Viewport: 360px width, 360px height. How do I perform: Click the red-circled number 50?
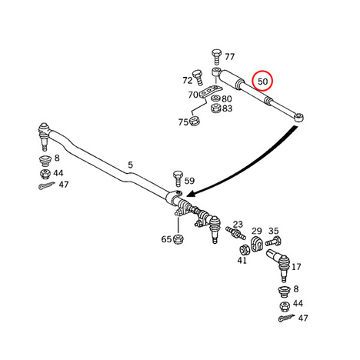tap(263, 82)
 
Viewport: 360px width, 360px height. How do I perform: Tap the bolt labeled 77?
tap(216, 57)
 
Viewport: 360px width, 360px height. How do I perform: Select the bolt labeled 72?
tap(198, 77)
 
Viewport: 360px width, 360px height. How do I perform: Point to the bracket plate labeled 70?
tap(210, 92)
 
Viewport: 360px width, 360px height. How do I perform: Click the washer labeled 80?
tap(216, 98)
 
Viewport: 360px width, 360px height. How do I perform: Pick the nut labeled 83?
tap(216, 108)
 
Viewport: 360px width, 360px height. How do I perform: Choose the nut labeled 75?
tap(195, 121)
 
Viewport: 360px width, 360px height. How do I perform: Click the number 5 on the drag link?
tap(131, 165)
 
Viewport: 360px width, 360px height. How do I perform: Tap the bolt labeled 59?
tap(178, 178)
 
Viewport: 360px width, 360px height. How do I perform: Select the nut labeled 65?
tap(178, 239)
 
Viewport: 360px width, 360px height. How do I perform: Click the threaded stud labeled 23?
tap(235, 232)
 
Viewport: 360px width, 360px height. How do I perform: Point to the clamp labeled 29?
tap(257, 244)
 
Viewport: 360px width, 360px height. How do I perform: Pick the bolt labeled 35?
tap(273, 241)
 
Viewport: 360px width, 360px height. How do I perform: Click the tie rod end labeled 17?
tap(279, 265)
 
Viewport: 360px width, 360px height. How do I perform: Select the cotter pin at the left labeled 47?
tap(46, 185)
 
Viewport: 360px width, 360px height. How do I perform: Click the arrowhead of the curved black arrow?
tap(190, 194)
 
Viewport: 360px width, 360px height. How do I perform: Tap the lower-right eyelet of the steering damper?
tap(299, 118)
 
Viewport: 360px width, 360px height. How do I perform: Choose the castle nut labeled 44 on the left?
tap(45, 174)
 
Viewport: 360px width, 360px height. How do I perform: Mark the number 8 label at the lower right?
tap(296, 289)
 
